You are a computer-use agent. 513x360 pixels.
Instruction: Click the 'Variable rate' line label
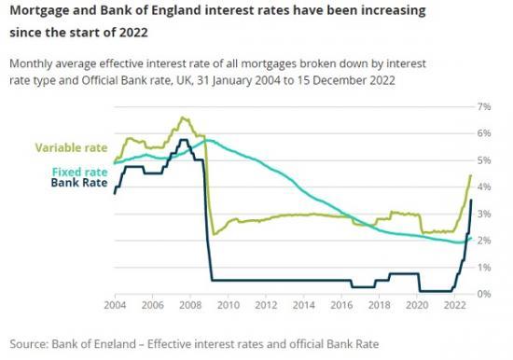pyautogui.click(x=71, y=147)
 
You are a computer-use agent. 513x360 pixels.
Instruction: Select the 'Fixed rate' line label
pyautogui.click(x=78, y=172)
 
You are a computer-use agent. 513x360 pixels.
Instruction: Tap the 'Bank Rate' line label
pyautogui.click(x=77, y=184)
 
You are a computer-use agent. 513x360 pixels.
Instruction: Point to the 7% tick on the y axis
pyautogui.click(x=484, y=107)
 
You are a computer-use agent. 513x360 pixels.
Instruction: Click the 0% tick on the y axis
pyautogui.click(x=484, y=294)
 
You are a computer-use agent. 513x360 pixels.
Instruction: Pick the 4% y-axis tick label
pyautogui.click(x=484, y=187)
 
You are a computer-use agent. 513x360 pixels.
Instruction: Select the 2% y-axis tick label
pyautogui.click(x=484, y=241)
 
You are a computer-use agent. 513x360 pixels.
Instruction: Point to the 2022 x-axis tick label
pyautogui.click(x=453, y=306)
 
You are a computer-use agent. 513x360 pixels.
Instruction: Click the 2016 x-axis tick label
pyautogui.click(x=340, y=306)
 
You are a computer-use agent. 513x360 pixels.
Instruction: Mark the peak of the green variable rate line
pyautogui.click(x=181, y=118)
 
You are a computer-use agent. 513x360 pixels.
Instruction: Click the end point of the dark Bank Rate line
pyautogui.click(x=471, y=200)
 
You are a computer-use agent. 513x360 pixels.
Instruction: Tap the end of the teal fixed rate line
pyautogui.click(x=471, y=237)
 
